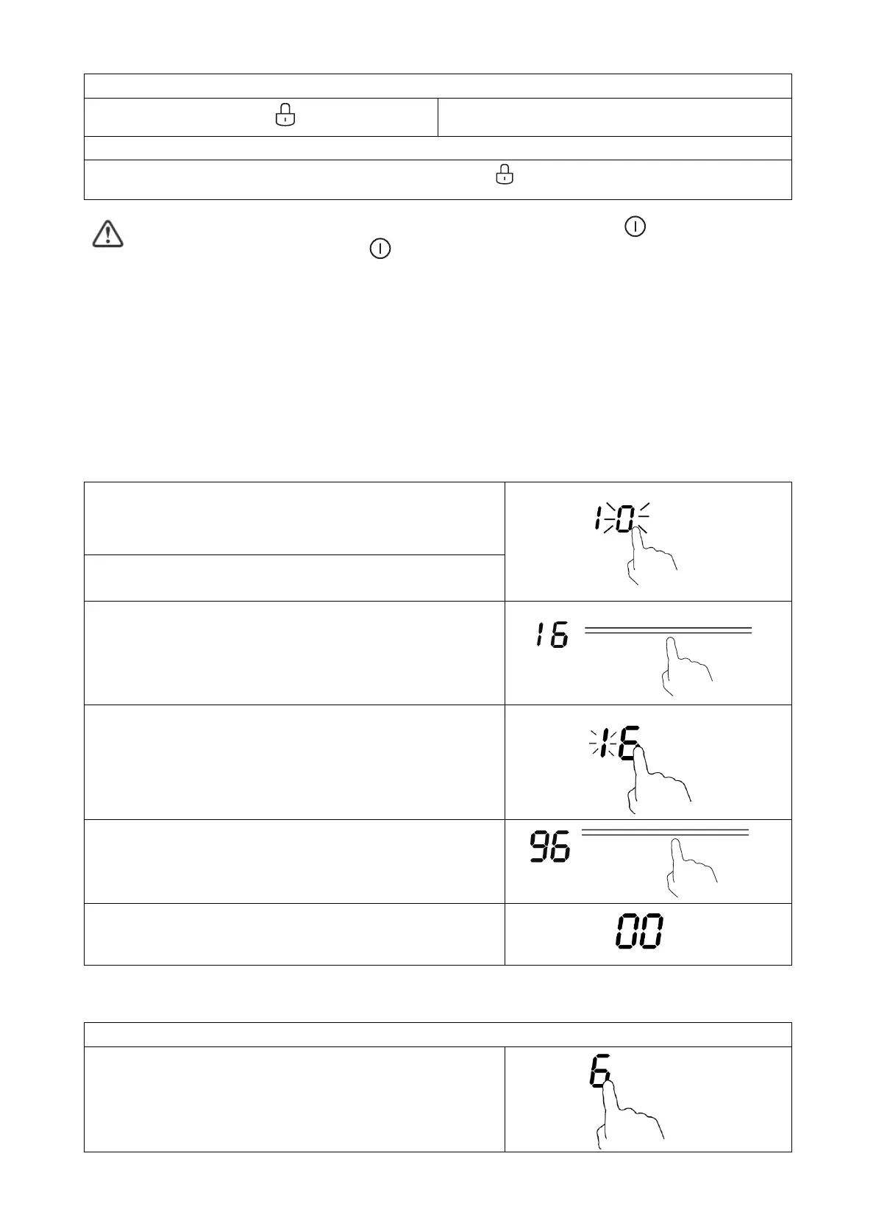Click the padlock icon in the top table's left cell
point(285,115)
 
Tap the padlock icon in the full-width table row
point(505,175)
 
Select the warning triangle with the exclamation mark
point(107,234)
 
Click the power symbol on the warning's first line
point(635,227)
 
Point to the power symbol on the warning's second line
point(380,249)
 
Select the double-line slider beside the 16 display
point(668,630)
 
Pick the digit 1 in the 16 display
point(541,635)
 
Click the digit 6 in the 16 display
point(559,635)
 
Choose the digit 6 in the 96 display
point(560,848)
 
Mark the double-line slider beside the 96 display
point(665,832)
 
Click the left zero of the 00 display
point(627,932)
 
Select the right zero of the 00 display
point(651,932)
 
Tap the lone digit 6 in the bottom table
point(599,1071)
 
